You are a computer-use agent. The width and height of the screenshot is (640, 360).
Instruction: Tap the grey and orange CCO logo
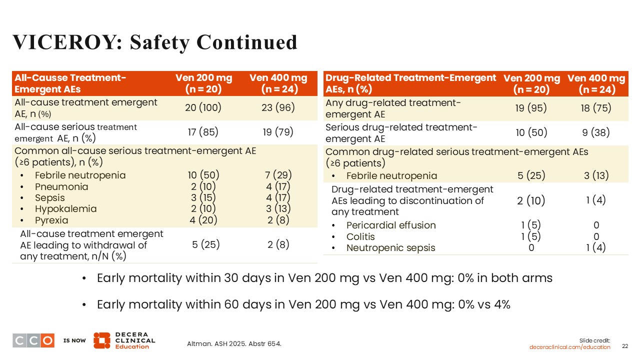click(x=33, y=340)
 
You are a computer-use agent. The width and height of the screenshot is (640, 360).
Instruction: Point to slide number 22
click(x=625, y=346)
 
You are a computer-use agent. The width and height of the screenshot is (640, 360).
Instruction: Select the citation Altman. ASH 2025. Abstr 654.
click(x=234, y=343)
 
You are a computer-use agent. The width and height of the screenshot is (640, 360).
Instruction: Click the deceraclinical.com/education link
click(x=570, y=347)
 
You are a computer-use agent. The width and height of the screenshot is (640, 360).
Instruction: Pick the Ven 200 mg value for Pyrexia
click(x=203, y=220)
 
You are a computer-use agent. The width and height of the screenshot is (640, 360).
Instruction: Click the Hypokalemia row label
click(x=65, y=208)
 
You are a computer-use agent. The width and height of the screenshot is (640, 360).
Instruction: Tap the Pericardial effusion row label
click(x=391, y=225)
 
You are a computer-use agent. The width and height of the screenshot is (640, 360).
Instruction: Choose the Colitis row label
click(x=360, y=236)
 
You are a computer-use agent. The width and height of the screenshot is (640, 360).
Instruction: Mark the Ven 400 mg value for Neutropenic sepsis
click(x=596, y=247)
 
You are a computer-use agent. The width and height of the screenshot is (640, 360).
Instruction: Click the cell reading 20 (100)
click(x=203, y=107)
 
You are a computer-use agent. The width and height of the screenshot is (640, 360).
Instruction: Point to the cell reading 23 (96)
click(x=277, y=107)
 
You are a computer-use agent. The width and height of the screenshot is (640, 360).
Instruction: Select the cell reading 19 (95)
click(x=531, y=108)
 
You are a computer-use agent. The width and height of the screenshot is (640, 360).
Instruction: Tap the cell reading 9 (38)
click(x=596, y=132)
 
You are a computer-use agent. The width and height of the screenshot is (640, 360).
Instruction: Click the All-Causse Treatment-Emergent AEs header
click(x=70, y=83)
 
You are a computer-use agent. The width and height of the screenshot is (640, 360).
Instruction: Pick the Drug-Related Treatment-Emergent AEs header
click(x=410, y=83)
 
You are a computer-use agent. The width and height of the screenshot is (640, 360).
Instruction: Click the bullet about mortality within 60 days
click(x=303, y=304)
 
